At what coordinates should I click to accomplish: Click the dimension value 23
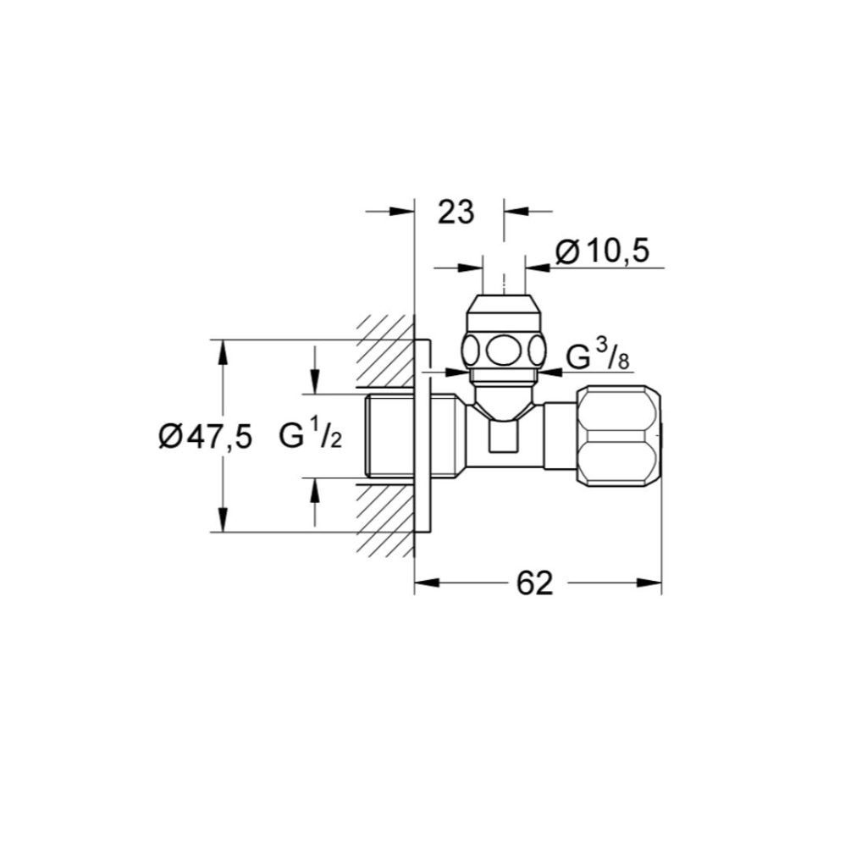tap(456, 213)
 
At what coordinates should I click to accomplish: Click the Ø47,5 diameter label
tap(205, 438)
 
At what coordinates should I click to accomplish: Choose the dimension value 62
tap(533, 583)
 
